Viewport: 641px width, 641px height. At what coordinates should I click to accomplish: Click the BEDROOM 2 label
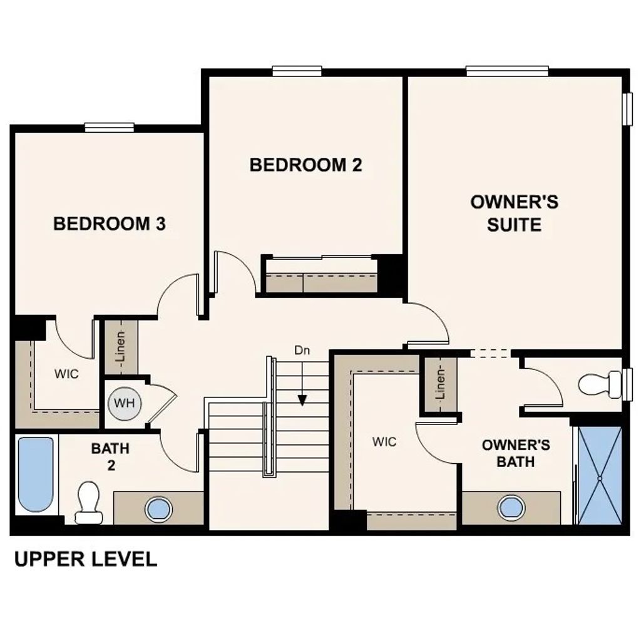tap(305, 165)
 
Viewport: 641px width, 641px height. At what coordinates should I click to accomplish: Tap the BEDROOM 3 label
tap(110, 223)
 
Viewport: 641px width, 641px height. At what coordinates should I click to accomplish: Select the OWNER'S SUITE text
tap(514, 213)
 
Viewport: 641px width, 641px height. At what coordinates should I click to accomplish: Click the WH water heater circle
tap(124, 403)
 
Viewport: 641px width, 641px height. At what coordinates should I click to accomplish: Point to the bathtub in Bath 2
tap(35, 473)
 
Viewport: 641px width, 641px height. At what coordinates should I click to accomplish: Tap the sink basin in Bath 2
tap(158, 508)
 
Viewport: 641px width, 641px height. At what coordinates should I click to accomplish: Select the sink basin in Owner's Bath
tap(511, 508)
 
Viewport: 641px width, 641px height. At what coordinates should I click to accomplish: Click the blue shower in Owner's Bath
tap(599, 476)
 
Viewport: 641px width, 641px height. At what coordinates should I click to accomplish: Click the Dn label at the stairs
tap(302, 351)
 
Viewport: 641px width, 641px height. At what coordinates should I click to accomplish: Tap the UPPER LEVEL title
tap(85, 558)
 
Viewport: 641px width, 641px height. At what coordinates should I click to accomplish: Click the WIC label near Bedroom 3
tap(66, 374)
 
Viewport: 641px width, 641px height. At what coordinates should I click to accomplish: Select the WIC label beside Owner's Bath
tap(384, 442)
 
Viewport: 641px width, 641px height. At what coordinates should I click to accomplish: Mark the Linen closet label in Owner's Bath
tap(441, 384)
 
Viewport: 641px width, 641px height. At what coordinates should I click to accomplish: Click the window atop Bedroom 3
tap(110, 128)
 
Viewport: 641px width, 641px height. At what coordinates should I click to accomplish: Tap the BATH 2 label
tap(110, 456)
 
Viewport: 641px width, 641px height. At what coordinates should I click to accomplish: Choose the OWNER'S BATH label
tap(516, 453)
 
